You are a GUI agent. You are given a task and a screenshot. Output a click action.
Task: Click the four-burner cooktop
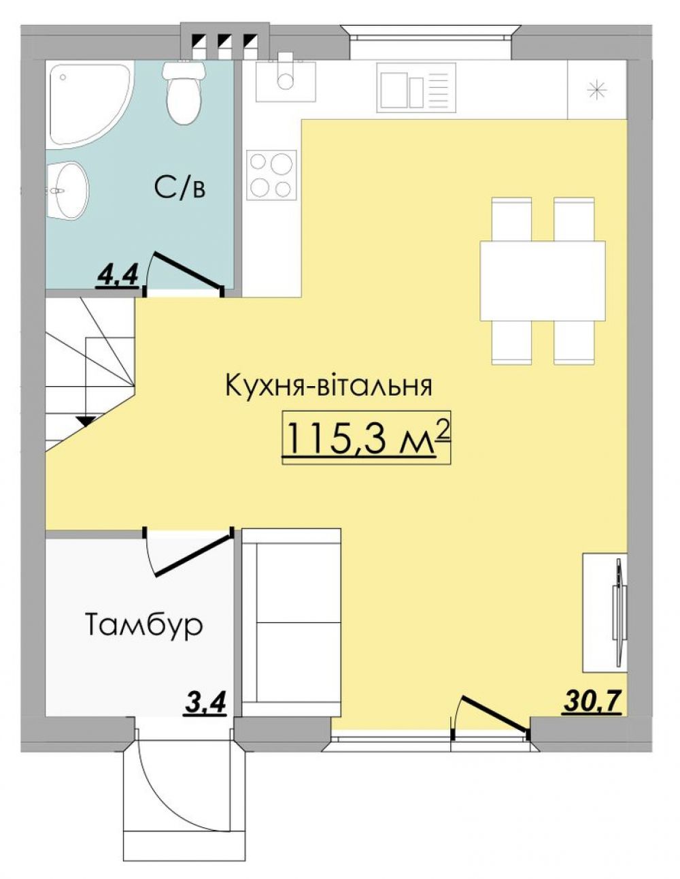tap(271, 174)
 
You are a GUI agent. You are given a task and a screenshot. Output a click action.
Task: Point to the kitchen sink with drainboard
tap(416, 87)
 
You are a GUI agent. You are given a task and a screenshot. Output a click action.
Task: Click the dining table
tap(542, 281)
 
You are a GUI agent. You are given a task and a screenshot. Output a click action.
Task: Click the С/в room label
tap(180, 188)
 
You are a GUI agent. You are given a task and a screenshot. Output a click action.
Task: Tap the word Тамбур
tap(143, 625)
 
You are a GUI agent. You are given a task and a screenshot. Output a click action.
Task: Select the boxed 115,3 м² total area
tap(366, 438)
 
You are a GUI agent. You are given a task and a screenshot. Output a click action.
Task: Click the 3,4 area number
tap(205, 706)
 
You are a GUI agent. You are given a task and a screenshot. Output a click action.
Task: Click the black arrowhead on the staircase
tap(86, 421)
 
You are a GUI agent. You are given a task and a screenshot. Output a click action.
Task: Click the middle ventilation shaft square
tap(224, 39)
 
